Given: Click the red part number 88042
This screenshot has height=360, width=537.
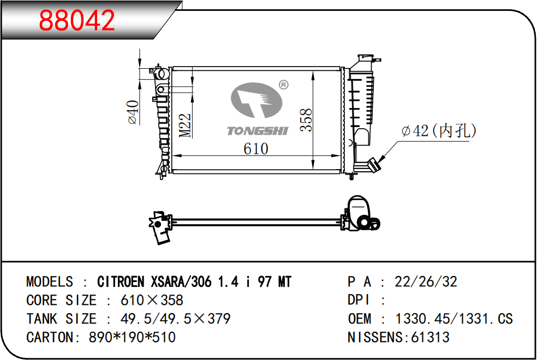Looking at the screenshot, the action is point(77,20).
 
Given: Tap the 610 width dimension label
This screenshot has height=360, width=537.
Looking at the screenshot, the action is point(256,149).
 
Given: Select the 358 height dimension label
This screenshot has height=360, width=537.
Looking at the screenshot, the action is point(306,120).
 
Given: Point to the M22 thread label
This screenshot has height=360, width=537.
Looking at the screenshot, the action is point(185,125).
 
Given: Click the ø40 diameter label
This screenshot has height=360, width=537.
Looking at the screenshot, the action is point(133,112).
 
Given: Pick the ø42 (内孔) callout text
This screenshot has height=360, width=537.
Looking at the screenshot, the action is point(439,131).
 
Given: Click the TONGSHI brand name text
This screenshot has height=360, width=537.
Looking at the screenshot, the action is point(258,131).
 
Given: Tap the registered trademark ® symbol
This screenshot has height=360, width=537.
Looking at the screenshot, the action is point(284,85).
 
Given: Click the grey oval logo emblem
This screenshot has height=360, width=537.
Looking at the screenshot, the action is point(256,100).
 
